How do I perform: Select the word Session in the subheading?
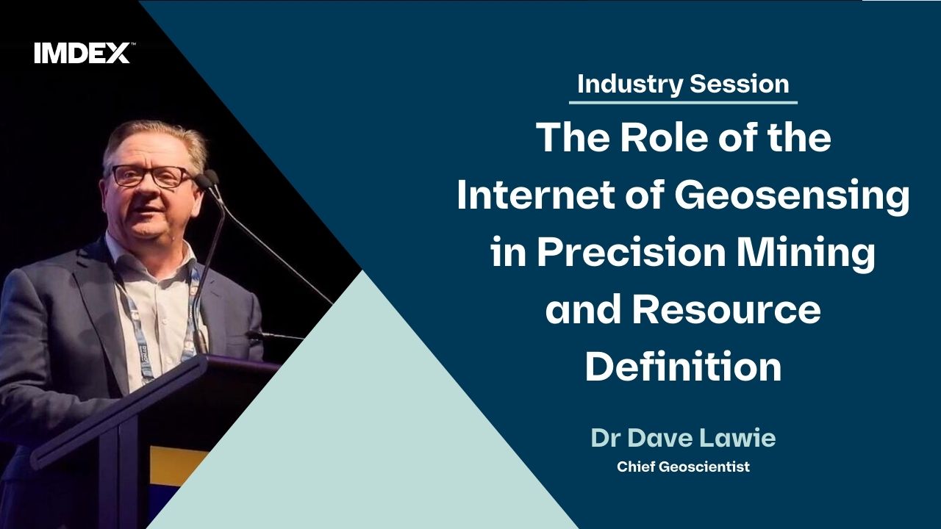click(x=740, y=84)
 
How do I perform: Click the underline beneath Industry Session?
click(x=683, y=102)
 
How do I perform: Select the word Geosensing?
click(x=792, y=198)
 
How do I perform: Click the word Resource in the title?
click(x=726, y=310)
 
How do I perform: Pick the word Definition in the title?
click(x=683, y=366)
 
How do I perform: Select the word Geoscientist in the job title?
click(x=704, y=467)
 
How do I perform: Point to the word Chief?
click(x=636, y=467)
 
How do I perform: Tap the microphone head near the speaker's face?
click(x=207, y=178)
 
